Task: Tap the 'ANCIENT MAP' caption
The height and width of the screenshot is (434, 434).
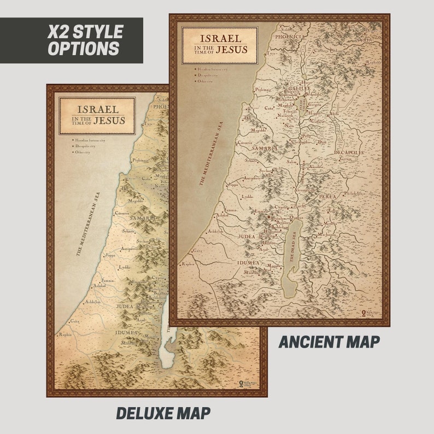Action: coord(329,342)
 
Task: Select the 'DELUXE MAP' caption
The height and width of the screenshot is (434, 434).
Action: coord(162,413)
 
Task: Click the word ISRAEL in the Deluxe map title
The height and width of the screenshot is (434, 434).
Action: coord(97,109)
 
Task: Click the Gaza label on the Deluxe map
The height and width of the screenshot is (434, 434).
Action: coord(75,321)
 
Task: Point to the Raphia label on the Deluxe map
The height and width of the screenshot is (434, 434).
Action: coord(66,335)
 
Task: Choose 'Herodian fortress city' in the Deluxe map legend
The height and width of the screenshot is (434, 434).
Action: coord(90,141)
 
